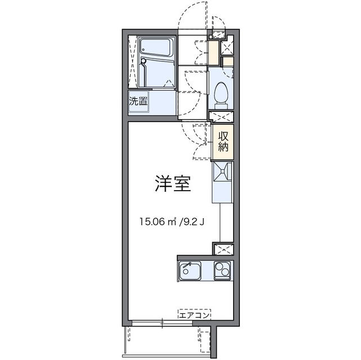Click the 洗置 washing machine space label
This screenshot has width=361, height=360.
138,102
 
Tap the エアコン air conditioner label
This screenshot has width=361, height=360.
194,316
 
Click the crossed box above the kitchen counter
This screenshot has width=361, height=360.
223,249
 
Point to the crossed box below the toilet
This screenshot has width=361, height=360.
221,118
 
